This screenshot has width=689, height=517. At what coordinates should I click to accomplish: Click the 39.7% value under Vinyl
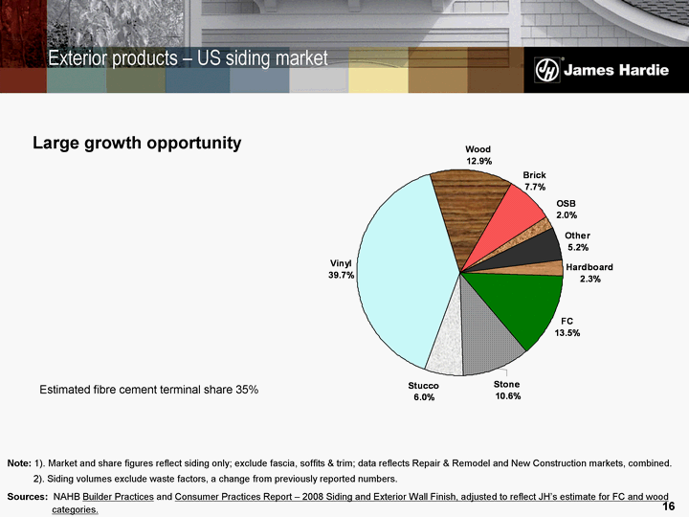[x=342, y=276]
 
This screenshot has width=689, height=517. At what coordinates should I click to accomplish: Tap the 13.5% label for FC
[x=567, y=333]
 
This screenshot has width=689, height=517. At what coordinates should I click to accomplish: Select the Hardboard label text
[x=589, y=267]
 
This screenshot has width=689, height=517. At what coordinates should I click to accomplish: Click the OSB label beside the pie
[x=567, y=204]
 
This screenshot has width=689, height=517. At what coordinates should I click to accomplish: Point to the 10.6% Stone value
[x=507, y=395]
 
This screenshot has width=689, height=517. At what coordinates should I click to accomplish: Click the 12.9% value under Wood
[x=478, y=161]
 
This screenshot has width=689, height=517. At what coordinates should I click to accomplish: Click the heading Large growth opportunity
[x=137, y=144]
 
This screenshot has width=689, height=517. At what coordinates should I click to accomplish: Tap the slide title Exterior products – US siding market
[x=188, y=59]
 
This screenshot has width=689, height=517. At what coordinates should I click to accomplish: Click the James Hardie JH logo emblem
[x=547, y=70]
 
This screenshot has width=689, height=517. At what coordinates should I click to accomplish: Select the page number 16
[x=669, y=505]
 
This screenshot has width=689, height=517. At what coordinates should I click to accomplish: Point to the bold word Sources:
[x=27, y=497]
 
